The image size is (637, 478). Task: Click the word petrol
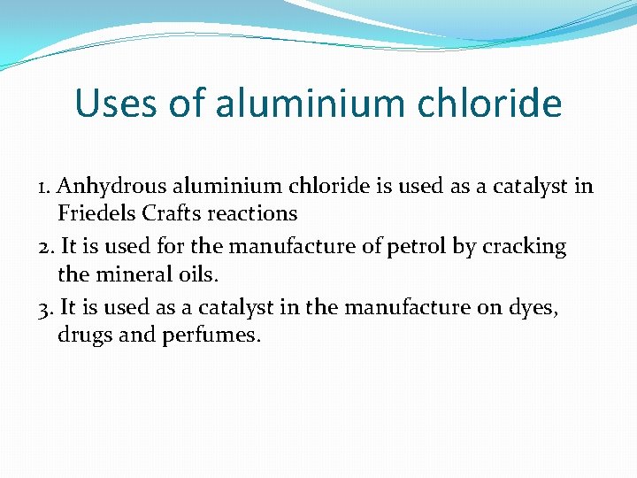pos(417,247)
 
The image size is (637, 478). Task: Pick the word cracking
pos(524,247)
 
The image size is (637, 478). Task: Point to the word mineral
pos(130,274)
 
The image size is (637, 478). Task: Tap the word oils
pos(196,274)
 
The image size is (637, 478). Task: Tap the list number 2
pos(45,247)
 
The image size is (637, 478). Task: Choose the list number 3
pos(45,308)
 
